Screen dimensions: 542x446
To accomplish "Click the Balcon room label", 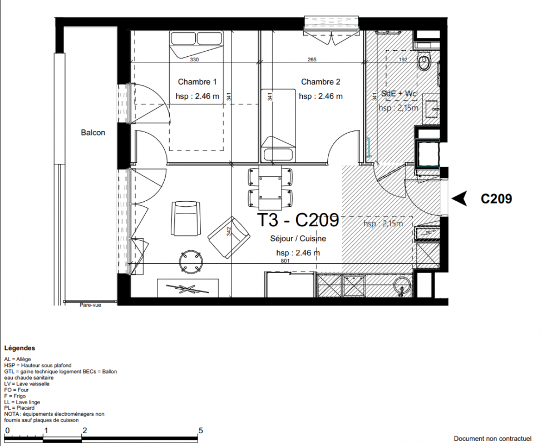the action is [93, 133].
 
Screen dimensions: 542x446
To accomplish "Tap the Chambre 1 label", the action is [197, 82].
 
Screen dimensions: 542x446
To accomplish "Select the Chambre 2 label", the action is [321, 82].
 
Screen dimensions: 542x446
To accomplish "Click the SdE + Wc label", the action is [399, 94].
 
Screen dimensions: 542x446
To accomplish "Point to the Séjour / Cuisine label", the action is [298, 239].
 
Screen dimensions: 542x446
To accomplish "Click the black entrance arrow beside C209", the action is [460, 198].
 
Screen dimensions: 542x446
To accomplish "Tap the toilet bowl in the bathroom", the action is [424, 62].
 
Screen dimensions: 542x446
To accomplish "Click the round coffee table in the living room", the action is [190, 261].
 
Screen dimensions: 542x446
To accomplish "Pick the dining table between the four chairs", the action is [270, 188].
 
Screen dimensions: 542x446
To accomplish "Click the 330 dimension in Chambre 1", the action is [194, 60].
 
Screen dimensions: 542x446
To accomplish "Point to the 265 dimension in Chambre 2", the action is [312, 60].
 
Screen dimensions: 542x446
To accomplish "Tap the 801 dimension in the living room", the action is [285, 261].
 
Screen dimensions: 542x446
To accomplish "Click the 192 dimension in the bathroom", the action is [403, 60].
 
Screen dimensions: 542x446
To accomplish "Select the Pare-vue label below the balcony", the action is [91, 305].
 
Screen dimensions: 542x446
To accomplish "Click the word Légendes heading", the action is [19, 348].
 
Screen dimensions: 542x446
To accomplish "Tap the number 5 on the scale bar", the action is [200, 430].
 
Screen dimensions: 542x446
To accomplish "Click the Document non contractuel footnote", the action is [492, 439].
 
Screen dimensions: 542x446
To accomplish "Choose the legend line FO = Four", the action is [16, 390].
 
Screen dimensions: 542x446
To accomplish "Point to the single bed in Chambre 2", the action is [278, 125].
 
